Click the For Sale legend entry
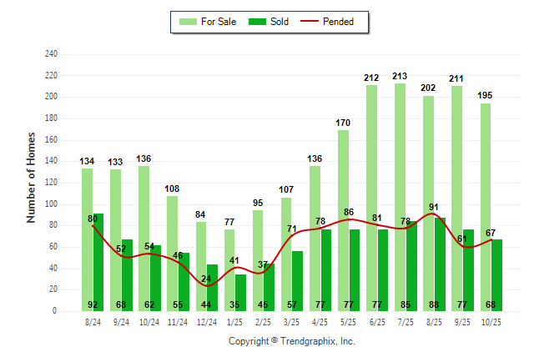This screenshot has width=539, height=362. click(x=213, y=22)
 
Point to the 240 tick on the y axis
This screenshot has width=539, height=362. click(x=51, y=54)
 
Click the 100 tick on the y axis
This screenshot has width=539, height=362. click(x=51, y=204)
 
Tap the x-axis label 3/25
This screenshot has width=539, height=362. click(x=292, y=321)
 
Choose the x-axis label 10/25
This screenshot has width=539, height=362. click(x=491, y=321)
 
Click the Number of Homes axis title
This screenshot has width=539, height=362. click(x=32, y=177)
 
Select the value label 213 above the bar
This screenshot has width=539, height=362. click(x=400, y=77)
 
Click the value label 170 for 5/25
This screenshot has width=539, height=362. click(x=343, y=123)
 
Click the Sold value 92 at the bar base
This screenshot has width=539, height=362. click(x=93, y=305)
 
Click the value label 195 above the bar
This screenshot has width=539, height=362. click(x=485, y=96)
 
